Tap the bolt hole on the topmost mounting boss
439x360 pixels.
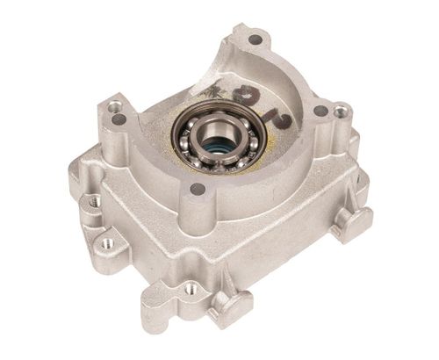click(x=255, y=40)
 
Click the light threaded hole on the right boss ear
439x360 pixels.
click(x=339, y=112)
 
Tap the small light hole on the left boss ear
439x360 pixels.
click(x=114, y=107)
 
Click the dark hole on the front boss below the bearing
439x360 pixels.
click(x=198, y=189)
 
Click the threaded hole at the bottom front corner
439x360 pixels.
click(x=191, y=286)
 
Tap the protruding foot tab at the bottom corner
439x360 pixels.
click(x=230, y=307)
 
